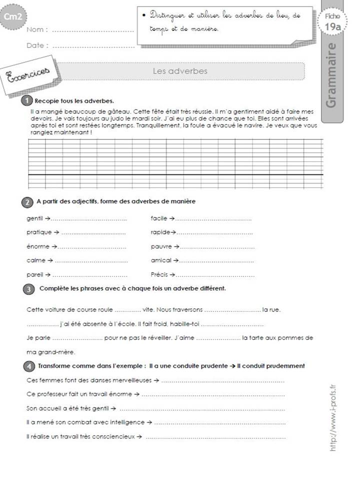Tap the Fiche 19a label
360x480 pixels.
click(332, 22)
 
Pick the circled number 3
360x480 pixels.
click(29, 289)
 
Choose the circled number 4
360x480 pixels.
click(28, 366)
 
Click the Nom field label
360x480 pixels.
click(36, 30)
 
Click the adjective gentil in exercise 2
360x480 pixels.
click(34, 218)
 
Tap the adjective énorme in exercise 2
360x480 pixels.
click(36, 246)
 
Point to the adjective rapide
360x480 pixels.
click(160, 232)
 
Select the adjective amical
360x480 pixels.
click(161, 260)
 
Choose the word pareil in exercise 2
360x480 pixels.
click(34, 274)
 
